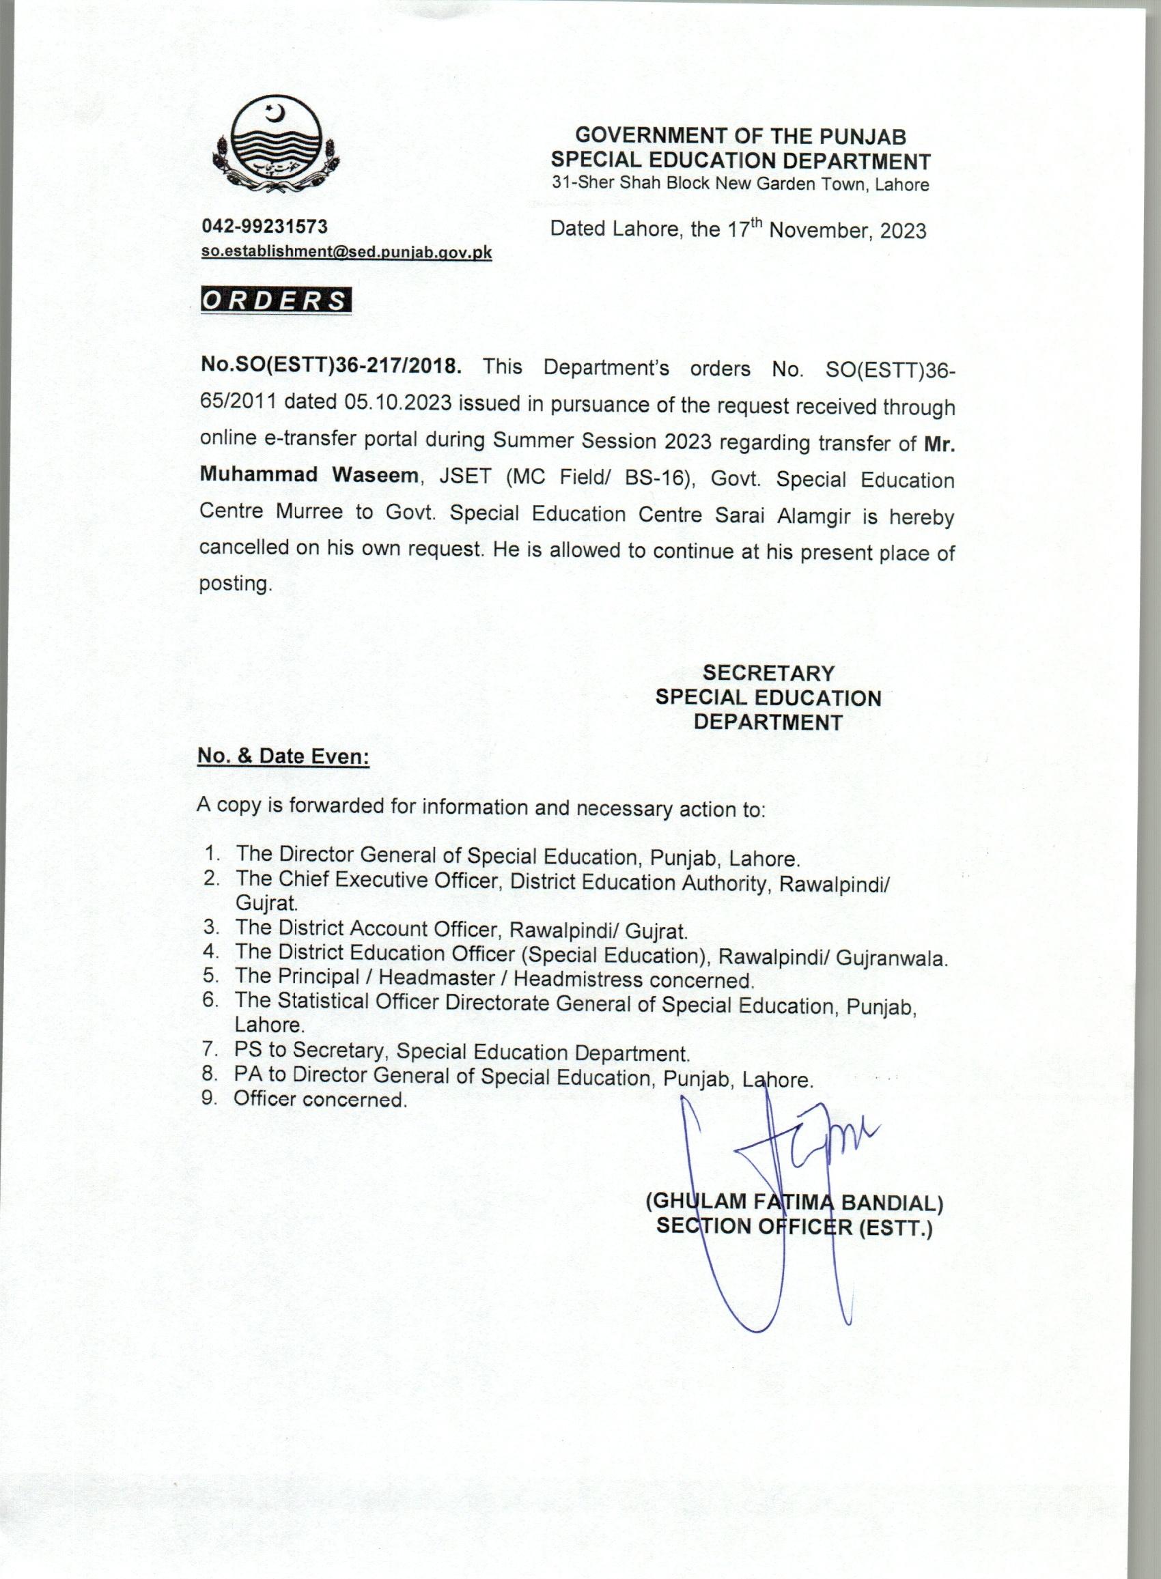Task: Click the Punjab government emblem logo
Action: click(x=275, y=147)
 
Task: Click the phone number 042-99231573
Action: click(x=264, y=226)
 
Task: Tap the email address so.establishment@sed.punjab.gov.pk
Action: click(x=346, y=253)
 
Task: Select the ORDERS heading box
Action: click(x=275, y=300)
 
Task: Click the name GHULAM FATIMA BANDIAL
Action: click(x=794, y=1204)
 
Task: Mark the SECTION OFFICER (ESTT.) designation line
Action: click(x=794, y=1228)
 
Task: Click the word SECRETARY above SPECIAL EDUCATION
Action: click(x=768, y=673)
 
